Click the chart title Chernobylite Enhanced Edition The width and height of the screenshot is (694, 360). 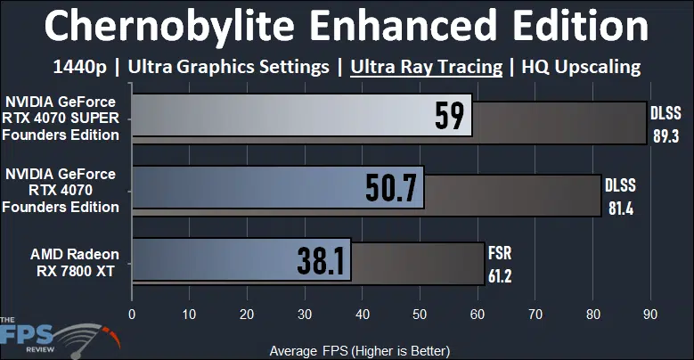(347, 27)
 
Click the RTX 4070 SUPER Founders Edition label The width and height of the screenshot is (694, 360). (61, 119)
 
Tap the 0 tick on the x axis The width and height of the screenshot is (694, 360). (132, 314)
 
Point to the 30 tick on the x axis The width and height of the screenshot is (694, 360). (305, 314)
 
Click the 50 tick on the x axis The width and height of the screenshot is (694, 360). (420, 314)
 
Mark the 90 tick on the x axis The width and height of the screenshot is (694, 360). (649, 314)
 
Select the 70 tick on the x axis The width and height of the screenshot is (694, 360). (535, 314)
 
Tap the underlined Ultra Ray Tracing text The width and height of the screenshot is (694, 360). (427, 66)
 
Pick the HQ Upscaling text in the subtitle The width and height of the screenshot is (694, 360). (581, 66)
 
